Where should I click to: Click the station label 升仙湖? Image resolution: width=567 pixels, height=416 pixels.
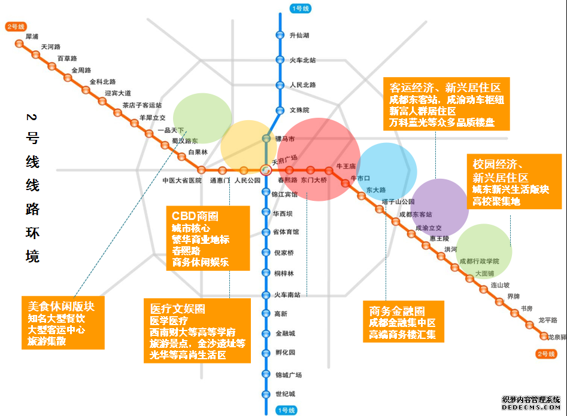click(x=299, y=35)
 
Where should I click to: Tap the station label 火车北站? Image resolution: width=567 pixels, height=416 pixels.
click(x=302, y=60)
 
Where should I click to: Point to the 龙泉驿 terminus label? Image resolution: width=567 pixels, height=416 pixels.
click(x=557, y=337)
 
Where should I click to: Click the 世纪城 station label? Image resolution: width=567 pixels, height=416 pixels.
click(x=285, y=394)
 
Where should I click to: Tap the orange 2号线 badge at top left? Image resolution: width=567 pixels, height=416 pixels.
click(x=17, y=27)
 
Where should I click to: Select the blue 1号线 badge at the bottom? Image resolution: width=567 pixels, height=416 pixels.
click(x=285, y=410)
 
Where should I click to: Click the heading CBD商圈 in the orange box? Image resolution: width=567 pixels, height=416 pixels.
click(x=195, y=216)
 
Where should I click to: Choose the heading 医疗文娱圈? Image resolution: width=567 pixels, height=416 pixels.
click(x=178, y=309)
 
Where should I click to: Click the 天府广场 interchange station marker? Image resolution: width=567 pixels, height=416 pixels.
click(x=267, y=169)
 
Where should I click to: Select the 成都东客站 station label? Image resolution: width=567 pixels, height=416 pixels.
click(x=415, y=214)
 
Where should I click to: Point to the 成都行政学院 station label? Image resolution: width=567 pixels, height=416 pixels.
click(x=479, y=261)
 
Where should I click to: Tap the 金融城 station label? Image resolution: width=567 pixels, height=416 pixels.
click(x=285, y=333)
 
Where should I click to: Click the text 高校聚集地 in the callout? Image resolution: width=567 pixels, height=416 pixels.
click(x=496, y=202)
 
